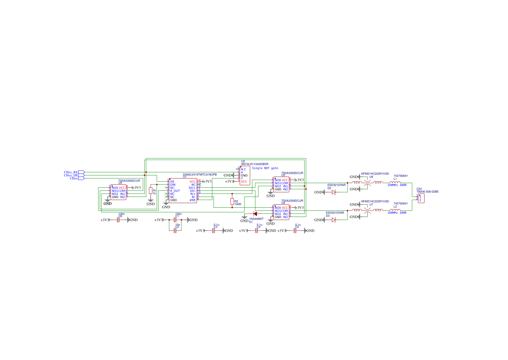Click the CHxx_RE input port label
pyautogui.click(x=71, y=172)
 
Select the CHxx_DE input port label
pyautogui.click(x=71, y=175)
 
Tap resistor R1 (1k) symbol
pyautogui.click(x=151, y=191)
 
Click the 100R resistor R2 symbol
pyautogui.click(x=232, y=202)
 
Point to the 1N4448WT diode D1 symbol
pyautogui.click(x=255, y=214)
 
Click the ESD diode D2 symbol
pyautogui.click(x=334, y=192)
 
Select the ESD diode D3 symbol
pyautogui.click(x=334, y=220)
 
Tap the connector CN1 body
pyautogui.click(x=421, y=198)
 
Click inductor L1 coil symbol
pyautogui.click(x=395, y=182)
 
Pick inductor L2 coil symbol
pyautogui.click(x=395, y=210)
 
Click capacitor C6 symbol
pyautogui.click(x=118, y=220)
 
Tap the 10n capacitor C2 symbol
pyautogui.click(x=175, y=230)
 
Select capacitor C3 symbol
pyautogui.click(x=214, y=231)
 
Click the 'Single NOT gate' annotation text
pyautogui.click(x=265, y=168)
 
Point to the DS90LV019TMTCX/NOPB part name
pyautogui.click(x=200, y=175)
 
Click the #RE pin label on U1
pyautogui.click(x=192, y=200)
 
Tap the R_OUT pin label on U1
pyautogui.click(x=175, y=191)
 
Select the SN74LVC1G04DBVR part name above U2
pyautogui.click(x=255, y=164)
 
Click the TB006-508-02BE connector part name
pyautogui.click(x=427, y=192)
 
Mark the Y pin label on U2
pyautogui.click(x=242, y=178)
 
